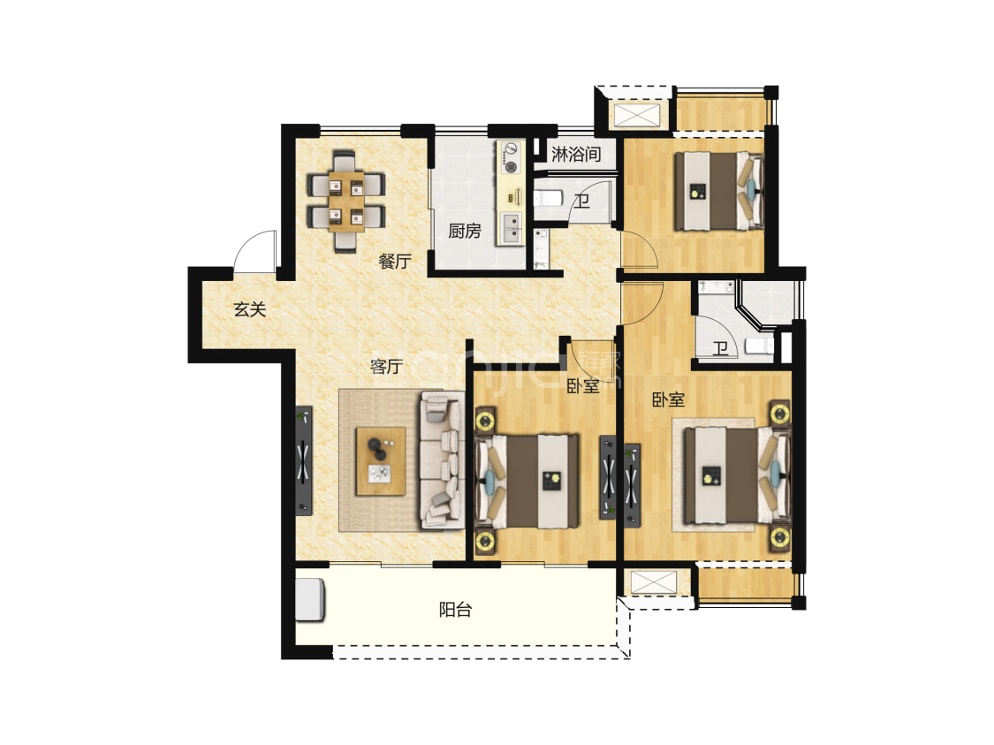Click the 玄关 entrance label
(x=249, y=309)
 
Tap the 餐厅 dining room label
(x=394, y=261)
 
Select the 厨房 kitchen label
(x=464, y=231)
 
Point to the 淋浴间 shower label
(x=575, y=154)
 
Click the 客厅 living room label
(x=386, y=367)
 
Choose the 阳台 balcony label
(x=455, y=610)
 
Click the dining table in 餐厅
(x=346, y=201)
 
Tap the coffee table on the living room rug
(x=380, y=461)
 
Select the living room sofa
(x=441, y=460)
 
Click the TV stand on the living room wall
(x=304, y=460)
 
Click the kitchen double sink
(x=511, y=229)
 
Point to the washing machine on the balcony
(x=311, y=599)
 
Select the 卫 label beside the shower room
(x=582, y=201)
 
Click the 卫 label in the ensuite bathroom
(x=719, y=348)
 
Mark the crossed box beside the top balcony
(x=638, y=115)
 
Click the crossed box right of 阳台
(x=654, y=582)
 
